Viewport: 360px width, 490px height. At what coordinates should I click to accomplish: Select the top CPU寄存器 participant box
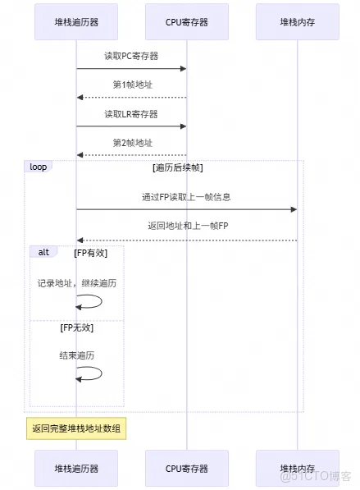[x=186, y=22]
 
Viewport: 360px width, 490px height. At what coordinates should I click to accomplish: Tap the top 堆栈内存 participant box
[x=297, y=22]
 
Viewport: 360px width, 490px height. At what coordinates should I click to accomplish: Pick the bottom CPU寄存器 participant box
[x=186, y=469]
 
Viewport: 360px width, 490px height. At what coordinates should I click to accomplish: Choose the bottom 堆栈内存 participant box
[x=297, y=469]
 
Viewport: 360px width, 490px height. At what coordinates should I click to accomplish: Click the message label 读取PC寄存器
[x=131, y=57]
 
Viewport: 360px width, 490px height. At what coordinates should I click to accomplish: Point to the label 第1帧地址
[x=131, y=85]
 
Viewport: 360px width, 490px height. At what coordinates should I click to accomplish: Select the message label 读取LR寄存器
[x=131, y=114]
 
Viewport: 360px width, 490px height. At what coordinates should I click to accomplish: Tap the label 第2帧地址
[x=131, y=143]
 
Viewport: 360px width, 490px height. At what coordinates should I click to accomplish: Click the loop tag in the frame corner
[x=38, y=167]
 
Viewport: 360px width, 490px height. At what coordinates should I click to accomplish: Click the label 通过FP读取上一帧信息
[x=186, y=197]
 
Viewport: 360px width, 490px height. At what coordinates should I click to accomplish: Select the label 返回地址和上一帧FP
[x=186, y=226]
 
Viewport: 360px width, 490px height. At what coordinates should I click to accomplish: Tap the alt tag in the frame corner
[x=43, y=252]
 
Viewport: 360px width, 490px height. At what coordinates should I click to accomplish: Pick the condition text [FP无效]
[x=77, y=327]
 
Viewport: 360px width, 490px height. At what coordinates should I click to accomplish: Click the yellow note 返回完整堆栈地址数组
[x=77, y=428]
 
